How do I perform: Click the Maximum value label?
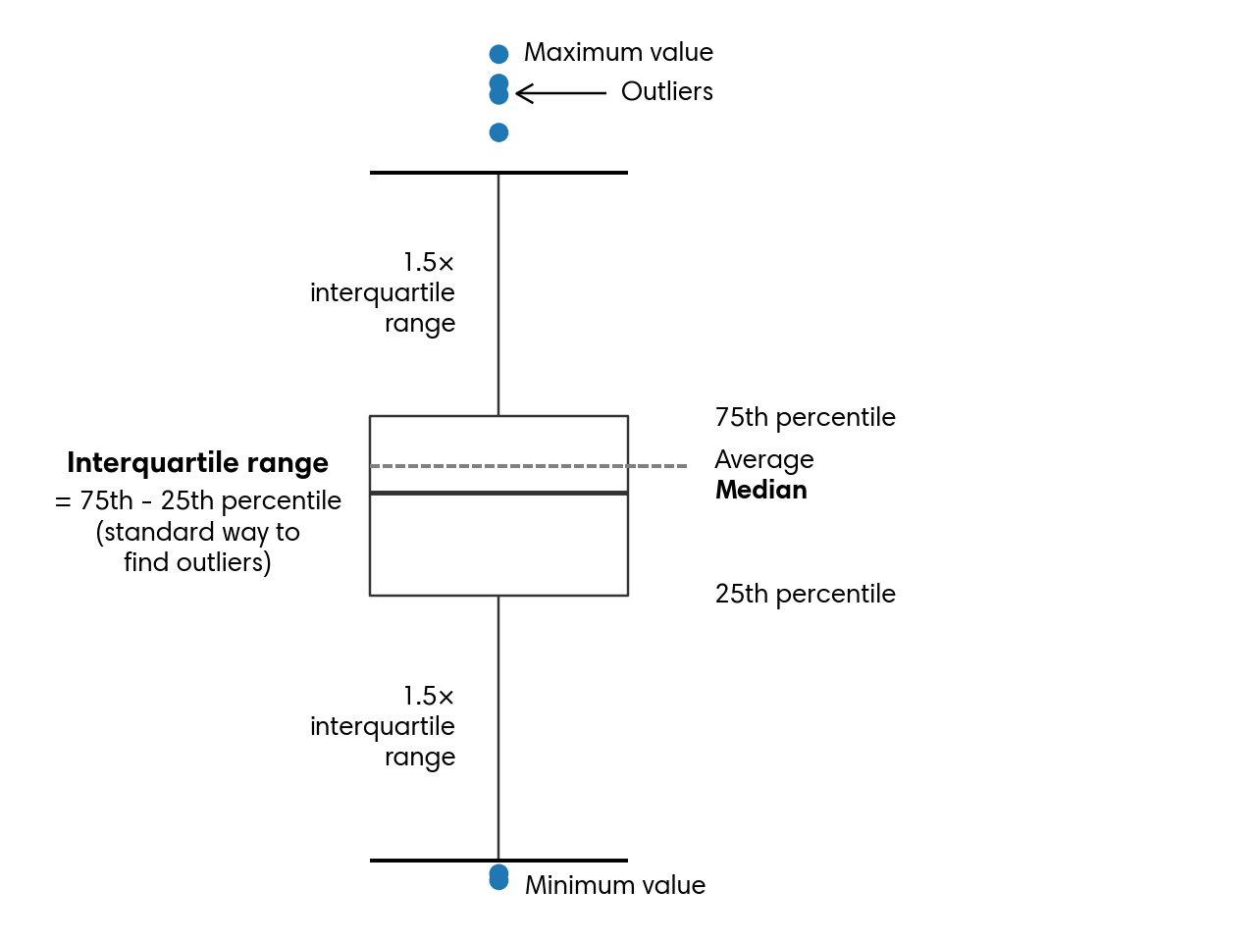pos(618,52)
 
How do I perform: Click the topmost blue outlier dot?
pos(498,54)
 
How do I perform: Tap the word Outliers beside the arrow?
pos(667,91)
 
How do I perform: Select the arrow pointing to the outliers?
pos(561,93)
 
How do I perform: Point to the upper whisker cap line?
pos(498,173)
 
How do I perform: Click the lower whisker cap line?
pos(498,861)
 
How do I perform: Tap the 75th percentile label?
pos(805,417)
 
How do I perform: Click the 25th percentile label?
pos(805,594)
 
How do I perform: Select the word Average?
pos(764,459)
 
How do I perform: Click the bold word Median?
pos(760,490)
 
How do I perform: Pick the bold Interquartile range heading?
pos(197,463)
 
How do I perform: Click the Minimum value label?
pos(615,885)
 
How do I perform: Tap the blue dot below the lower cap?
pos(498,877)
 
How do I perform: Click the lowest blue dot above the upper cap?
pos(498,132)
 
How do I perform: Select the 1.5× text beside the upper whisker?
pos(429,263)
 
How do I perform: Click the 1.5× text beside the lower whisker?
pos(429,697)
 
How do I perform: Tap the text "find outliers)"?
pos(197,562)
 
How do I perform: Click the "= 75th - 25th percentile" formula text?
pos(198,500)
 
